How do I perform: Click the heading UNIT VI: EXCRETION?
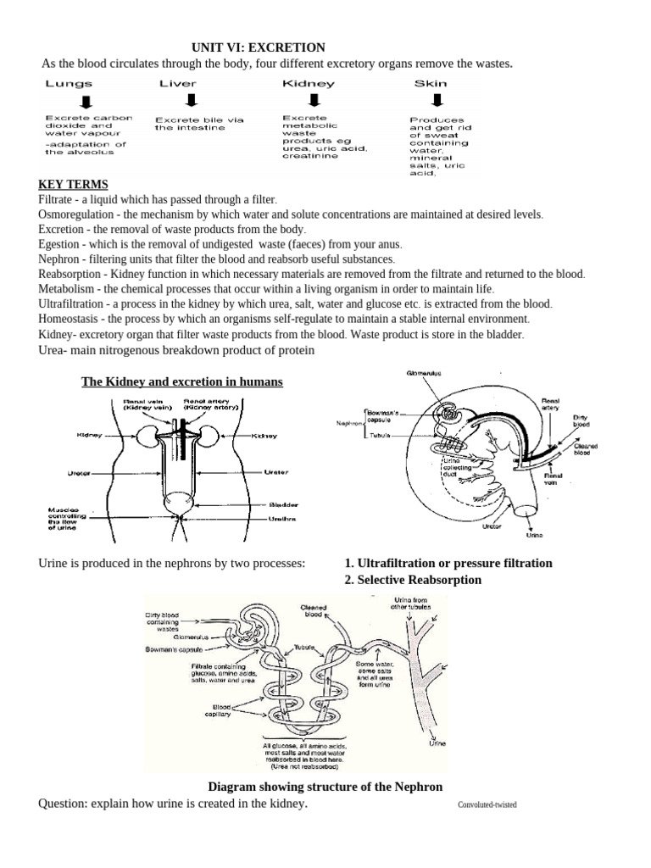(258, 48)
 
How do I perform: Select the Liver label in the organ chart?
(178, 84)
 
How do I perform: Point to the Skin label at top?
(430, 84)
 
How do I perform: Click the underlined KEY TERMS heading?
(73, 185)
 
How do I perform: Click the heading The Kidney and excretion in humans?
(181, 382)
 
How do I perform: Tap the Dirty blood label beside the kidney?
(581, 421)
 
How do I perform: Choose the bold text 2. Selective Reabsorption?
(413, 580)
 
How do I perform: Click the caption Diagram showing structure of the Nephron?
(325, 787)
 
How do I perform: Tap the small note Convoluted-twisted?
(487, 805)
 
